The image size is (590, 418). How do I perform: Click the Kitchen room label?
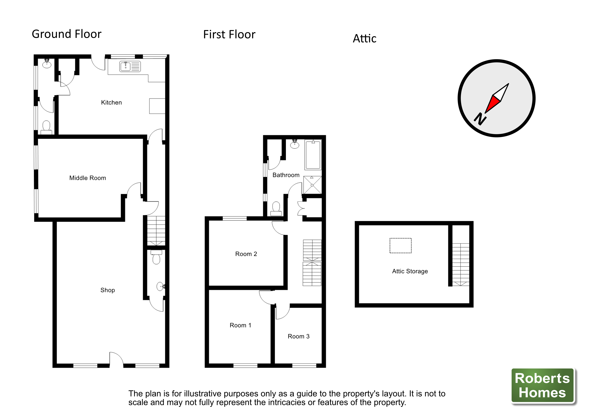111,102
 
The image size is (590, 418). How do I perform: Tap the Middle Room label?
88,178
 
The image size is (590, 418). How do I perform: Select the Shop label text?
107,290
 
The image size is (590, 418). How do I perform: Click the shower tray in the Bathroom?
312,185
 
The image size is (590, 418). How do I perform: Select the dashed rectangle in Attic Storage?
400,245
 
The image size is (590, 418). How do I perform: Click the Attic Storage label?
410,271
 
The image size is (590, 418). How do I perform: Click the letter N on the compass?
480,119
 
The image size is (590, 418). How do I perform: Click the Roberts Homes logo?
542,385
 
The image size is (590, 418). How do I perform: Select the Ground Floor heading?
67,34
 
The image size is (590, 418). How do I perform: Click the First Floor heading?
229,35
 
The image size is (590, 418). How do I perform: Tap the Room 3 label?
298,336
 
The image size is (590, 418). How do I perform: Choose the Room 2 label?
246,254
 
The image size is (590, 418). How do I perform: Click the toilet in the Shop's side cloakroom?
156,258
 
